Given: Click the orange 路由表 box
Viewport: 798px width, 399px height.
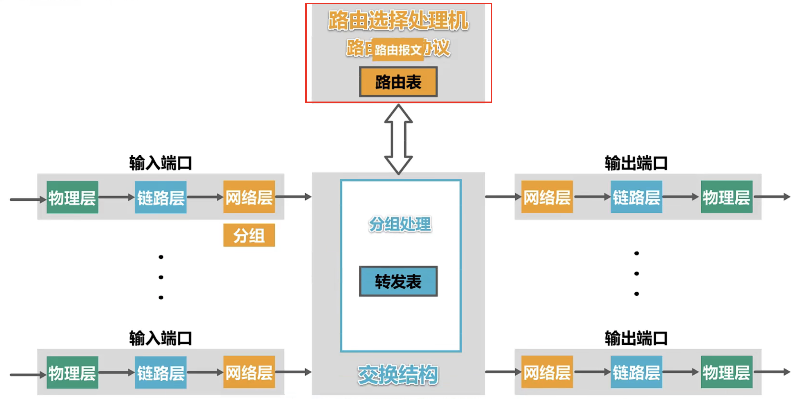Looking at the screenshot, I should (398, 82).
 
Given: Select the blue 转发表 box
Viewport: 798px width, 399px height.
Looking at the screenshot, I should (398, 281).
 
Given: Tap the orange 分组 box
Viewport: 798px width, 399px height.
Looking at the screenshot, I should (249, 235).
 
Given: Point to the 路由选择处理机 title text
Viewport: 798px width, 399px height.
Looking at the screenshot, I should (398, 20).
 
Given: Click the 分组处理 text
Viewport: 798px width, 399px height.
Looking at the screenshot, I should (400, 224).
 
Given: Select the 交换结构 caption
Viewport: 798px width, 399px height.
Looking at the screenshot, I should (398, 375).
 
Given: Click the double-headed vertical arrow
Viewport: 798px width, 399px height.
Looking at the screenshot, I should (398, 139).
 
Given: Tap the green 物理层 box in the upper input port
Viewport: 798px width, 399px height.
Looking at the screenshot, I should (72, 197).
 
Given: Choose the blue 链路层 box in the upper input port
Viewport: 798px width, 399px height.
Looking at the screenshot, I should (161, 197).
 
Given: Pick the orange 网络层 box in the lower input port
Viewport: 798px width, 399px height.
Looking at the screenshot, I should (249, 372).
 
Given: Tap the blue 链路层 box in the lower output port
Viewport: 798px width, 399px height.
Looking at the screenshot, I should (637, 372).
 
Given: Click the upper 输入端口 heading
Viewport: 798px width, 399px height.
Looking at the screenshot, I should (160, 163).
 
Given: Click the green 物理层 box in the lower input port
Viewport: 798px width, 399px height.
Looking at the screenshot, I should (72, 372).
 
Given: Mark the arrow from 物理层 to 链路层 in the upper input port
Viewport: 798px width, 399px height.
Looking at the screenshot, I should (116, 197).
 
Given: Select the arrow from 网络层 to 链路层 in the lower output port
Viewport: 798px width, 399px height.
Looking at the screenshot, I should (592, 372).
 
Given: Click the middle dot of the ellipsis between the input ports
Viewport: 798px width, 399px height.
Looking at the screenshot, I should (161, 277).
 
